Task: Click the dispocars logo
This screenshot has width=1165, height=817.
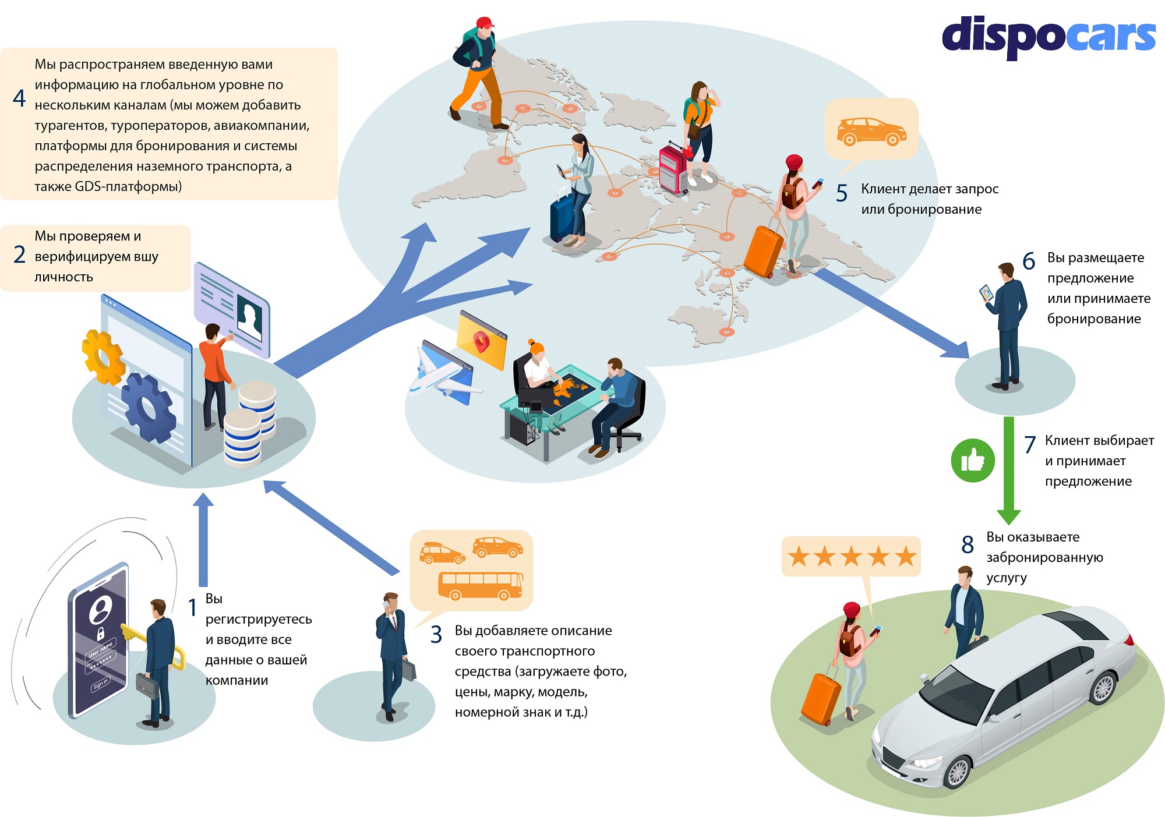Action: tap(1048, 37)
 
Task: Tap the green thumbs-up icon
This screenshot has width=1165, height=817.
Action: tap(973, 460)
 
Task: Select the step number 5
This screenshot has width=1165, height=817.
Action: tap(842, 193)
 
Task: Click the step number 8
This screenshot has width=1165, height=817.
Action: tap(968, 545)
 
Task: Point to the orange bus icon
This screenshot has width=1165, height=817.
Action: tap(481, 585)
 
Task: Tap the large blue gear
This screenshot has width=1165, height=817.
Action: tap(148, 408)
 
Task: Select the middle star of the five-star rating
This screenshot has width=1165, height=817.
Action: tap(851, 557)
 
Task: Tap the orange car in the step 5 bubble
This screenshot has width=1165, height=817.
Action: tap(871, 131)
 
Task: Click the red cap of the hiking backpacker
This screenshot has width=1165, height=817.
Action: tap(485, 23)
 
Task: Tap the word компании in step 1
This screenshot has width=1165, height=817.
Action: tap(236, 681)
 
